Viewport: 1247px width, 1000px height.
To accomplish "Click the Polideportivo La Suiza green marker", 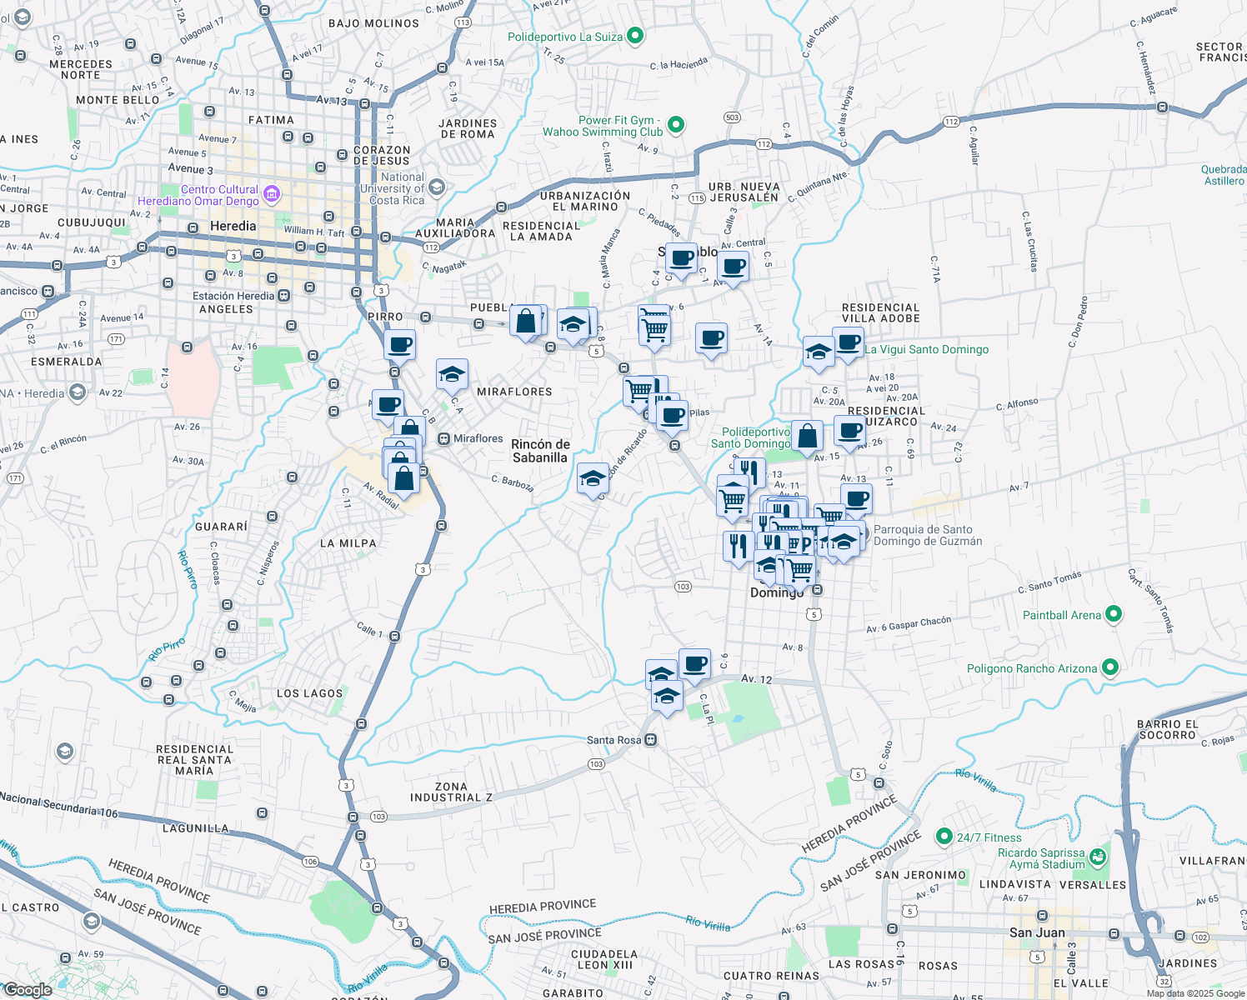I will point(635,36).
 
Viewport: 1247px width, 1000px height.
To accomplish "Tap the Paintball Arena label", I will point(1062,615).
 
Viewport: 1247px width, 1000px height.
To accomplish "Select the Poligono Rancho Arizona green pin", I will point(1109,667).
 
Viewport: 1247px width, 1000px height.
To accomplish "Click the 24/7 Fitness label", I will point(989,837).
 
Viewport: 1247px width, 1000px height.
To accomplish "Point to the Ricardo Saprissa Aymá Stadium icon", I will point(1098,857).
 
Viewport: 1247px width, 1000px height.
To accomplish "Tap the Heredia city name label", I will point(233,226).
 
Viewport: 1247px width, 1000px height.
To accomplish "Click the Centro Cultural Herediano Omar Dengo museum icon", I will point(271,196).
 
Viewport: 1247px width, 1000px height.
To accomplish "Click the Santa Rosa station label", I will point(614,740).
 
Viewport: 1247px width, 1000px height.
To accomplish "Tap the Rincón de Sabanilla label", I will point(540,451).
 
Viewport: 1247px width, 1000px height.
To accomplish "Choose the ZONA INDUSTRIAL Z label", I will point(451,792).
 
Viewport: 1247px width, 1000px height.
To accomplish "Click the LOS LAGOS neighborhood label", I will point(309,693).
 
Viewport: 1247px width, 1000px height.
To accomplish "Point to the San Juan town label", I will point(1037,932).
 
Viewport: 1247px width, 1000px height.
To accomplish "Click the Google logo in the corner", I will point(28,990).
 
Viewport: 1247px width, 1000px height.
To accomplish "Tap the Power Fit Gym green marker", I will point(676,125).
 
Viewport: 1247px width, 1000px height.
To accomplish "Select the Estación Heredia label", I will point(233,296).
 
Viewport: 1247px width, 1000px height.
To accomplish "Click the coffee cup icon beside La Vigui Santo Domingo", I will point(848,342).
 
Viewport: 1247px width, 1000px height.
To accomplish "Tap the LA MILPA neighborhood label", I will point(348,543).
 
